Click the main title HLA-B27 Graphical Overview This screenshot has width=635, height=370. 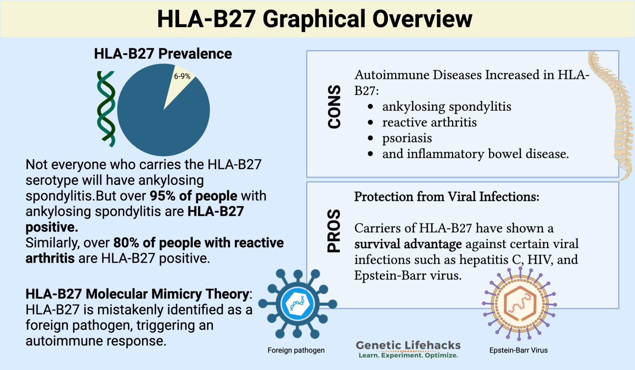314,19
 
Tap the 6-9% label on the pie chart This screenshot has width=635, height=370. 182,76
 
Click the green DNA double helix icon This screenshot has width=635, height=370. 106,109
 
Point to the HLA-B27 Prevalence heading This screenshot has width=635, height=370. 163,54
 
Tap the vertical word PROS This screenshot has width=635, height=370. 334,231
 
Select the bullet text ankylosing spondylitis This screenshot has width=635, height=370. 446,107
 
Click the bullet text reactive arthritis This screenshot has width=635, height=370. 429,122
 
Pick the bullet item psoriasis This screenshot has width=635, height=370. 407,138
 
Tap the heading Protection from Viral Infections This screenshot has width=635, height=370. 446,197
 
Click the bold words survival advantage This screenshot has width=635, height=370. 408,244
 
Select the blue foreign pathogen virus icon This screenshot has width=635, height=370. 297,304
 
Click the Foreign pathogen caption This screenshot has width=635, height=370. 296,350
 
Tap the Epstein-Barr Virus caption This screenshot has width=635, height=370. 518,350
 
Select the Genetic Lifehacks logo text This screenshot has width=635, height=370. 408,345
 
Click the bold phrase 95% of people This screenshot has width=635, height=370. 193,196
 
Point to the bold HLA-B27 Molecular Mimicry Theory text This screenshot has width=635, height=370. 137,294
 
